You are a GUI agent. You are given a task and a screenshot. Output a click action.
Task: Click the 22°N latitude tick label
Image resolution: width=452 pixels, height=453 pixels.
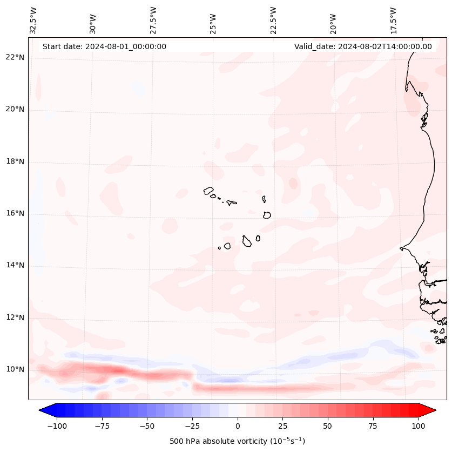click(15, 58)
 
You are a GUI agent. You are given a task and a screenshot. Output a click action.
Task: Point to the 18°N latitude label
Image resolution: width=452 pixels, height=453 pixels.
click(15, 161)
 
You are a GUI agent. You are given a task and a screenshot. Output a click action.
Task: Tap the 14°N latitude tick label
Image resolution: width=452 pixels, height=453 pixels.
click(15, 265)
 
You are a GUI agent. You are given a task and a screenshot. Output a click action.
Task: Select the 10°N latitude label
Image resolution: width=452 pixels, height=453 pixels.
click(15, 369)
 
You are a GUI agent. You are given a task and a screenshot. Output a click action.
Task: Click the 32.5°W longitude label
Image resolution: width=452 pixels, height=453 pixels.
click(33, 19)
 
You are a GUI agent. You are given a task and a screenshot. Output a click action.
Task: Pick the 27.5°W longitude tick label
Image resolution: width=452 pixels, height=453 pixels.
click(153, 19)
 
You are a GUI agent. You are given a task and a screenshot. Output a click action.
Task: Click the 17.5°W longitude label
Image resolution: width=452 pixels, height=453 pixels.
click(393, 19)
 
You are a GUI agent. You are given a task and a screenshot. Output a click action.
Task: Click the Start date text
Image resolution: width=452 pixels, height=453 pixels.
click(104, 46)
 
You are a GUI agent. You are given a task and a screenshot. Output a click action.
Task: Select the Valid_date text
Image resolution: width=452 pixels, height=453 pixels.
click(363, 46)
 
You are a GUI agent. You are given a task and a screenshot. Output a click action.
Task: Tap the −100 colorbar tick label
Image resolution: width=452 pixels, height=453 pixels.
click(57, 426)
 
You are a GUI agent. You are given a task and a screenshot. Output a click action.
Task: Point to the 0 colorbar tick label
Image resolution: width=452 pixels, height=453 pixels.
click(238, 426)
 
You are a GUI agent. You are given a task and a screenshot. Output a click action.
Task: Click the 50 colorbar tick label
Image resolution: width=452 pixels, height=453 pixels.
click(328, 426)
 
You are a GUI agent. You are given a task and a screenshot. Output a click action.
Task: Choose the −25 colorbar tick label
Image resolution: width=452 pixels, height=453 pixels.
click(192, 426)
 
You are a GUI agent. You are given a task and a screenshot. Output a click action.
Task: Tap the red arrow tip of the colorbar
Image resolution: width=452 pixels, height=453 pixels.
click(430, 410)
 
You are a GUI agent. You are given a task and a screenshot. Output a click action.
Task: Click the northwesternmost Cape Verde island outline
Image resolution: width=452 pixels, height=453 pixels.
click(208, 191)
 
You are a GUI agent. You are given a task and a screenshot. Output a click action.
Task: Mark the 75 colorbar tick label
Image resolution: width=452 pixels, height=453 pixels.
click(373, 426)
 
